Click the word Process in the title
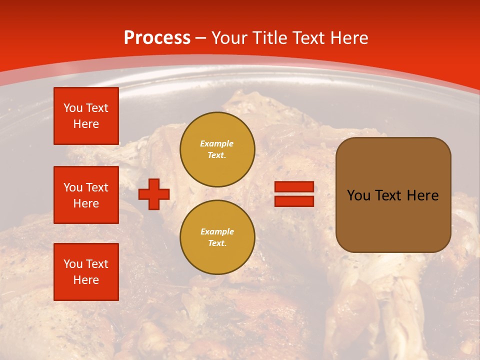click(x=157, y=38)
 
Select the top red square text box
click(x=86, y=116)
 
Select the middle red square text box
click(x=86, y=195)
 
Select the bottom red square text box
click(x=86, y=271)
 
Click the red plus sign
click(x=154, y=194)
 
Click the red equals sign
click(x=294, y=194)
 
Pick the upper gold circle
click(x=217, y=149)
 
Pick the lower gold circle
click(x=217, y=237)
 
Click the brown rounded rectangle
click(x=393, y=195)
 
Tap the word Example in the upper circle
click(x=217, y=144)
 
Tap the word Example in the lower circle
click(x=217, y=232)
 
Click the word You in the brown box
click(x=358, y=195)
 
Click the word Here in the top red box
click(x=86, y=124)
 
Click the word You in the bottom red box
click(x=73, y=264)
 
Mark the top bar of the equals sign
click(x=294, y=187)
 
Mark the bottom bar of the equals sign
click(x=294, y=201)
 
